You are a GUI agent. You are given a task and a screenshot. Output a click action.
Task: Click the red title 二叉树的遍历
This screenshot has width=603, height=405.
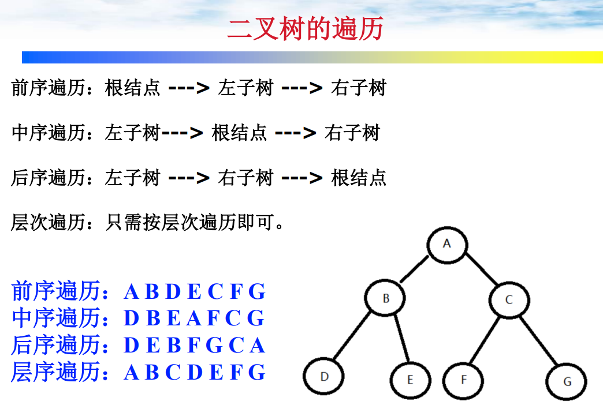pyautogui.click(x=306, y=29)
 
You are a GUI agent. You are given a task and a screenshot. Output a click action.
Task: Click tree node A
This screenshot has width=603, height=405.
pyautogui.click(x=446, y=244)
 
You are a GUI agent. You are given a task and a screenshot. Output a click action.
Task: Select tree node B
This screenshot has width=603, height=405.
pyautogui.click(x=386, y=299)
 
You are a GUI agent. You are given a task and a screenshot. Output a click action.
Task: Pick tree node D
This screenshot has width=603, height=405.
pyautogui.click(x=324, y=377)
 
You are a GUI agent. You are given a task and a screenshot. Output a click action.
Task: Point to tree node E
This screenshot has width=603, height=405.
pyautogui.click(x=410, y=380)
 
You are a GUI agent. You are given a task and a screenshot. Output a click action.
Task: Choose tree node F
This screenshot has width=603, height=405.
pyautogui.click(x=463, y=380)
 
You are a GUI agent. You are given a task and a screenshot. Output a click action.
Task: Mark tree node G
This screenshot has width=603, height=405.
pyautogui.click(x=567, y=381)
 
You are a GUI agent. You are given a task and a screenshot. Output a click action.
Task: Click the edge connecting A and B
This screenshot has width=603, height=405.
pyautogui.click(x=415, y=270)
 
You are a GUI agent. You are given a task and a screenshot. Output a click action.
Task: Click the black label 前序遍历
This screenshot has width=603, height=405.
pyautogui.click(x=47, y=88)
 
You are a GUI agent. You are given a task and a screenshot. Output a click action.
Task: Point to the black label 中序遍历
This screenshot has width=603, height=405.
pyautogui.click(x=47, y=133)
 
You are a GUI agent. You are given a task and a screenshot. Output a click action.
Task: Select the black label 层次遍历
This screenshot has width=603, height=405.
pyautogui.click(x=47, y=222)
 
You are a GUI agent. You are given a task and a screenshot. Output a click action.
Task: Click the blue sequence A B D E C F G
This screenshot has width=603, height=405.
pyautogui.click(x=195, y=292)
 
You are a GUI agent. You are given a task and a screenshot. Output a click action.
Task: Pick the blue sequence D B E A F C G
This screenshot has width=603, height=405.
pyautogui.click(x=194, y=318)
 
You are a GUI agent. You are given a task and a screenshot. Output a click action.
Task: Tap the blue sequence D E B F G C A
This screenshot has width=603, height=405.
pyautogui.click(x=194, y=345)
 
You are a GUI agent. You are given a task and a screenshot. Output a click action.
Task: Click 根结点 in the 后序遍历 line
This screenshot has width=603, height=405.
pyautogui.click(x=359, y=177)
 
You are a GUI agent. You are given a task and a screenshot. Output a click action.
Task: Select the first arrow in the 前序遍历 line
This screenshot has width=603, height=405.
pyautogui.click(x=188, y=88)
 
